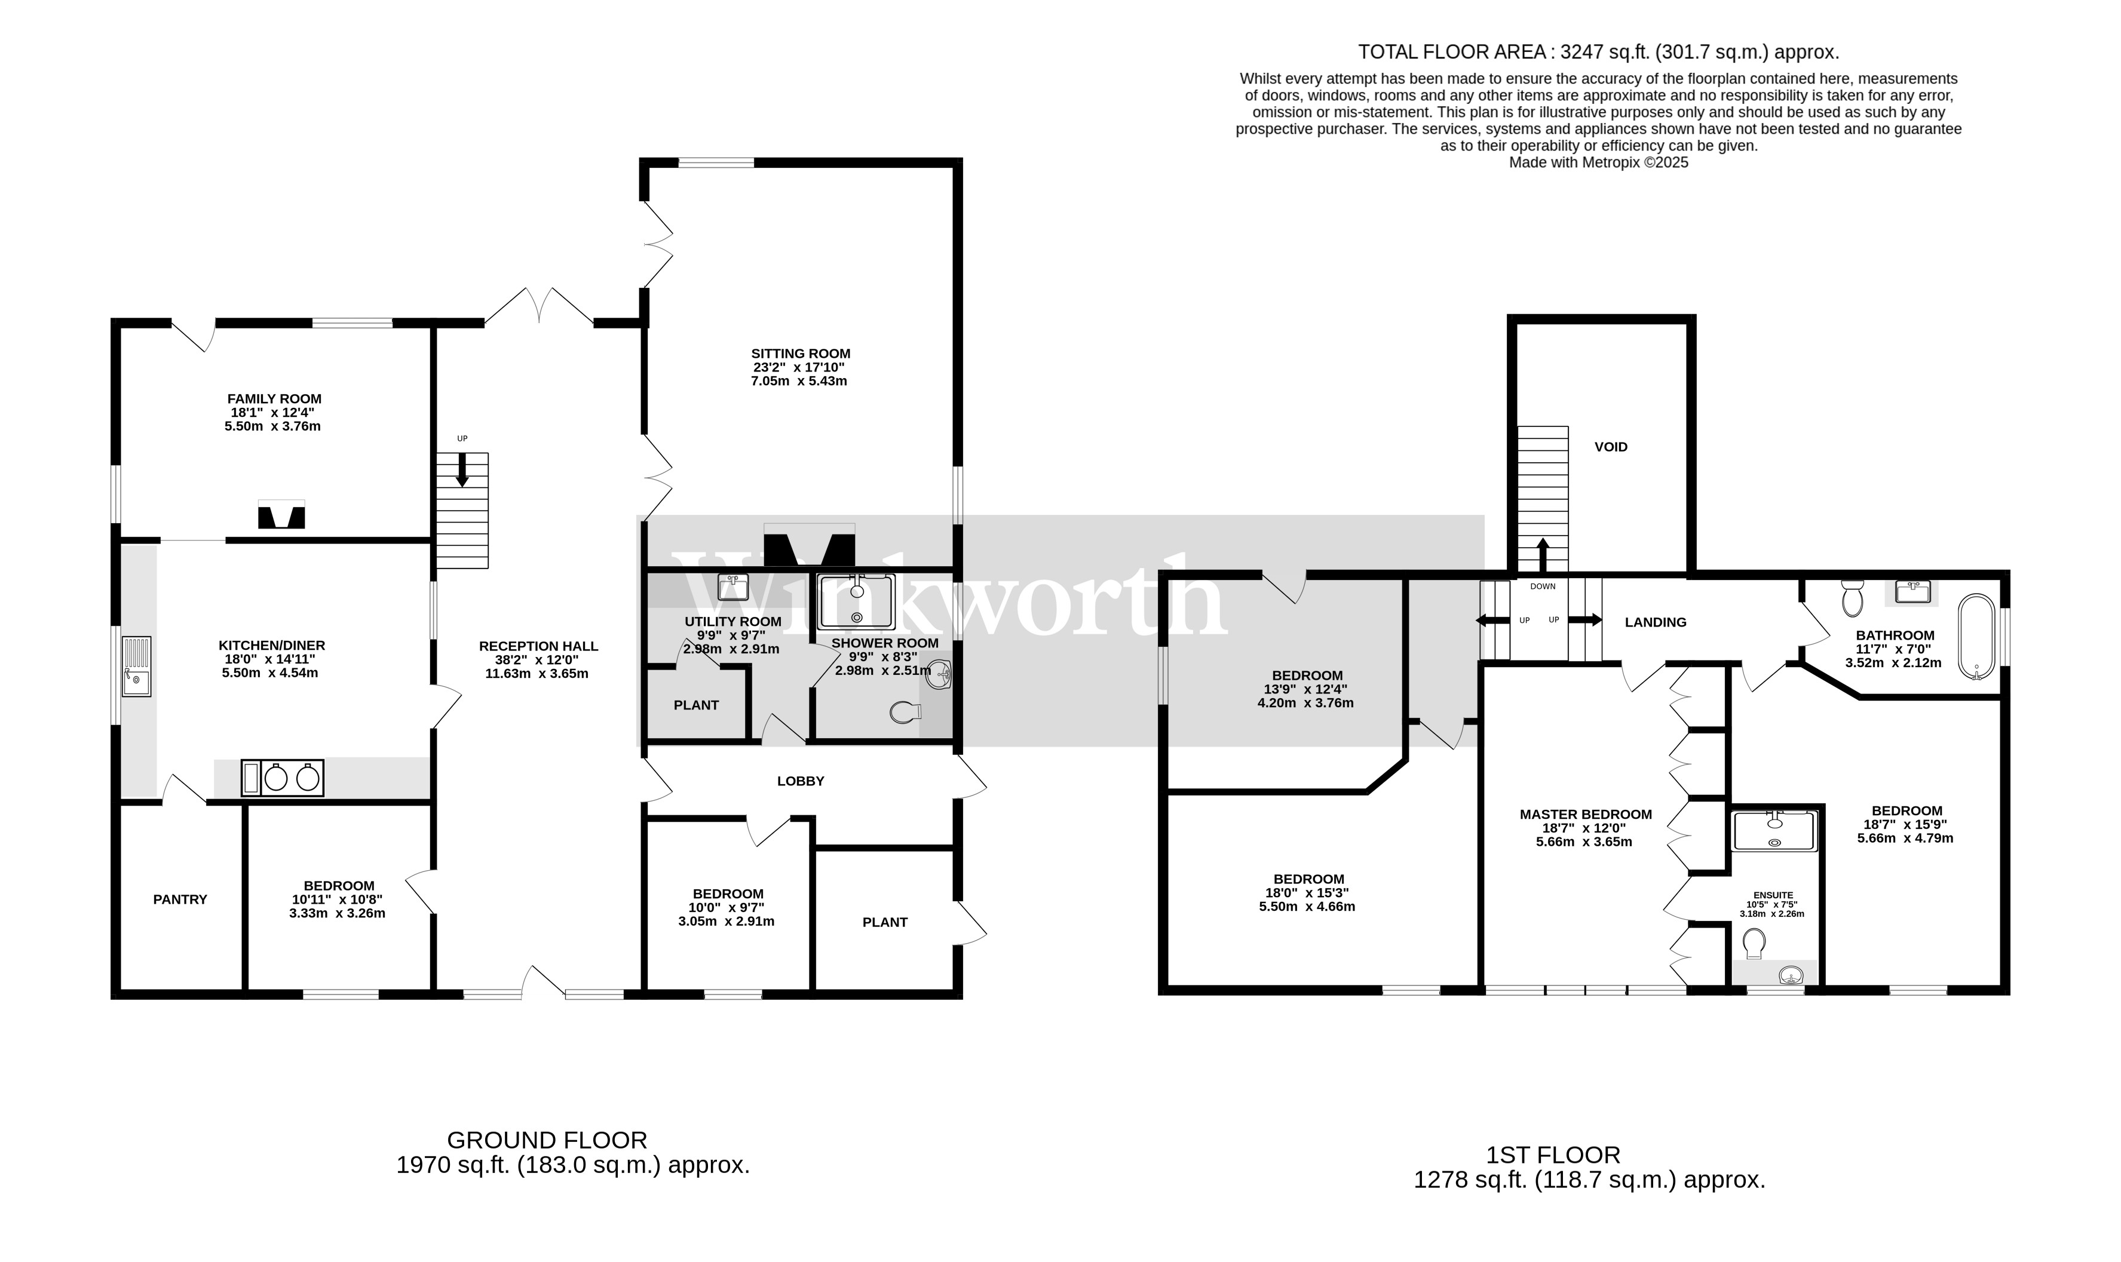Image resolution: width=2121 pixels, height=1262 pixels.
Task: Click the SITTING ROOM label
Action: click(x=799, y=353)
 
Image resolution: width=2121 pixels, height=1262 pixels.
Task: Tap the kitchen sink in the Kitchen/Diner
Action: click(x=136, y=666)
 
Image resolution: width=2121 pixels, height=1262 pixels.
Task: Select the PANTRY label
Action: click(x=179, y=899)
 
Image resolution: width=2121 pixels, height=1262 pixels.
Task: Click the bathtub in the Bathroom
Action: click(x=1976, y=637)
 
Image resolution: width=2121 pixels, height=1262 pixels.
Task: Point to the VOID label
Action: click(x=1610, y=447)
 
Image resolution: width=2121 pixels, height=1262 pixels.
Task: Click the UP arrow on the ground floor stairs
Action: click(x=462, y=469)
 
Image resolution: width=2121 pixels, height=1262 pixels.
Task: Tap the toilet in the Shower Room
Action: click(x=904, y=712)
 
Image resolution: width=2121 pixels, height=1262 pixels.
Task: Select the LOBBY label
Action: click(x=799, y=781)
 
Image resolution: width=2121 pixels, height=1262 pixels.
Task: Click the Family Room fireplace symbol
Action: click(x=281, y=515)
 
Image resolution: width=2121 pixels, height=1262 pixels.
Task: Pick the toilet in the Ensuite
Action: click(x=1753, y=942)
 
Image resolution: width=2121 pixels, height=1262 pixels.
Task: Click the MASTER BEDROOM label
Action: click(x=1585, y=814)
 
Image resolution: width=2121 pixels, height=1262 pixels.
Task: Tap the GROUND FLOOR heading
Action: click(x=547, y=1140)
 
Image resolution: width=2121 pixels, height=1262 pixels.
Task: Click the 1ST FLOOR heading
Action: click(x=1552, y=1155)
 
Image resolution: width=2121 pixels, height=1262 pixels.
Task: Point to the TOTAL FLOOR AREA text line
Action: click(x=1598, y=52)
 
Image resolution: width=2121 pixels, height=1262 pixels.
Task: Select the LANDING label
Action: click(x=1654, y=622)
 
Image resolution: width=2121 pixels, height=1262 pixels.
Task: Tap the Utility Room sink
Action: click(x=732, y=587)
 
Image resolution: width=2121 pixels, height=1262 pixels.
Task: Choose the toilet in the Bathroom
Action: click(x=1852, y=598)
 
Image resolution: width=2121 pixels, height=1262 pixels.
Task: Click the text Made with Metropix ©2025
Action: click(x=1598, y=162)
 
